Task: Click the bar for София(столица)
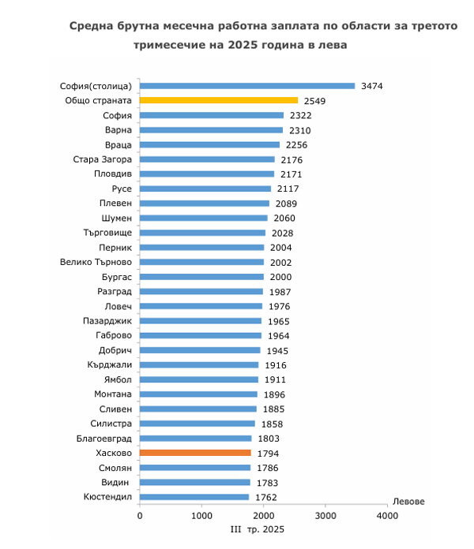247,86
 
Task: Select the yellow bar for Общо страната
219,101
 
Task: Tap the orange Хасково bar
195,453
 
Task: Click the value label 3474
371,86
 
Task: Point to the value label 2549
314,101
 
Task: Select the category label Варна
118,130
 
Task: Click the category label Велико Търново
96,262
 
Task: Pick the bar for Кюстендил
194,497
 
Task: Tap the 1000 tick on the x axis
201,516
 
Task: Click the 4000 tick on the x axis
387,516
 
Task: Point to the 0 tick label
140,516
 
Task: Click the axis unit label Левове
409,502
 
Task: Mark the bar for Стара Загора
208,159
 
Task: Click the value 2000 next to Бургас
280,277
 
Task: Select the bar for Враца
209,145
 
